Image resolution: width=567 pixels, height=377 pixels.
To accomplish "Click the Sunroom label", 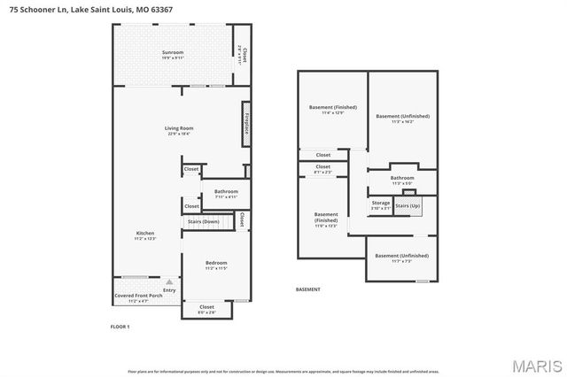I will [x=173, y=53].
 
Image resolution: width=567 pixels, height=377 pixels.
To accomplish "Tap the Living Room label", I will [x=179, y=128].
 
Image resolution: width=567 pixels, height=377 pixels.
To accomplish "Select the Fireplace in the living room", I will [x=245, y=125].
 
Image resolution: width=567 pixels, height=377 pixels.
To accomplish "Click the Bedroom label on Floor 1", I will [x=216, y=263].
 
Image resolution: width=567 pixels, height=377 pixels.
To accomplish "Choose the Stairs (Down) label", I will [x=203, y=221].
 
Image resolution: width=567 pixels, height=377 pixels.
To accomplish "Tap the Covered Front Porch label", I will [x=138, y=296].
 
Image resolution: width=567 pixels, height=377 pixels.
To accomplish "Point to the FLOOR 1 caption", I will [x=120, y=327].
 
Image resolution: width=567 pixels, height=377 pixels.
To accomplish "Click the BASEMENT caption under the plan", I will [x=307, y=289].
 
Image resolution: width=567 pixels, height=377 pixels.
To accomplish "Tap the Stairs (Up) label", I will [x=408, y=206].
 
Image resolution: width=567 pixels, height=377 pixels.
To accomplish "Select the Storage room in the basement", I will [x=380, y=204].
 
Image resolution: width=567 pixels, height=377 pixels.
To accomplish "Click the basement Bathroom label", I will [x=402, y=178].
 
